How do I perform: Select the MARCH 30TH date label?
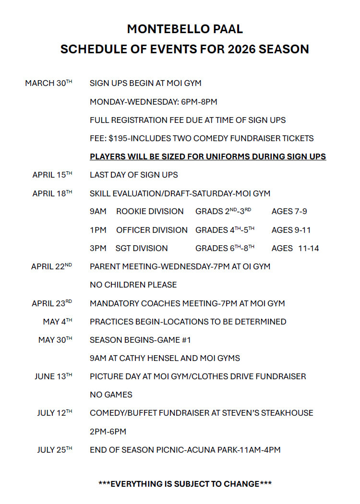[48, 84]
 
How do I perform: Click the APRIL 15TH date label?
[52, 175]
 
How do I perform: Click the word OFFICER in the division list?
[133, 230]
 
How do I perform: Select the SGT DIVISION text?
[142, 249]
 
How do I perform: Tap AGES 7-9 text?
[289, 212]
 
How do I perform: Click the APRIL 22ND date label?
[51, 266]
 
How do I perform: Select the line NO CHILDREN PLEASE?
[133, 285]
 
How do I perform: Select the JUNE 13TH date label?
[53, 377]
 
